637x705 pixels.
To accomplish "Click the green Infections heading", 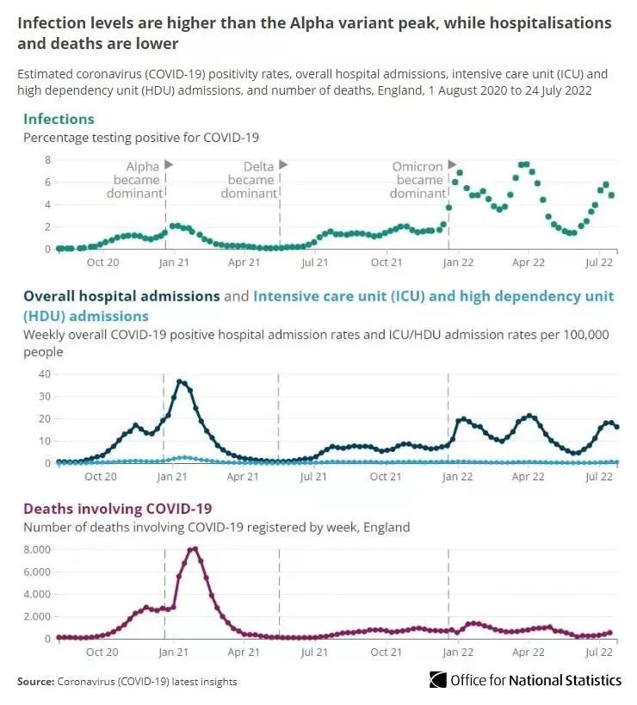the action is click(59, 119).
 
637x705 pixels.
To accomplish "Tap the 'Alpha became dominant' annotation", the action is click(135, 180).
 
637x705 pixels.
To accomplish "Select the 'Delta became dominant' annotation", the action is click(249, 180).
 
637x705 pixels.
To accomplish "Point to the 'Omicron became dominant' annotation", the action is click(418, 180).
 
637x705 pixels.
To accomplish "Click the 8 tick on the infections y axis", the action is click(47, 160).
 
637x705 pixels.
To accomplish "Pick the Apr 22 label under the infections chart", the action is click(529, 263).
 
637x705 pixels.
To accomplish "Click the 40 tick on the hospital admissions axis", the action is click(45, 374).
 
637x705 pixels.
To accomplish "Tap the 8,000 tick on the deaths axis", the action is click(37, 550).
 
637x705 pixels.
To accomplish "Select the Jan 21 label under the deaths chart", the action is click(173, 652).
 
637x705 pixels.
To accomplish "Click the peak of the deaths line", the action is click(195, 549).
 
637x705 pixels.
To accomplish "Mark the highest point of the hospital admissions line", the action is click(180, 382).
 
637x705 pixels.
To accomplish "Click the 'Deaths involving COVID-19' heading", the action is click(118, 509).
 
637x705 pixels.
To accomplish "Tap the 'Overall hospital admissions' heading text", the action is click(121, 296).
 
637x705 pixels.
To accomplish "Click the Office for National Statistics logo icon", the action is click(438, 680).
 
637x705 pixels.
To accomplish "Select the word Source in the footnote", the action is click(36, 682).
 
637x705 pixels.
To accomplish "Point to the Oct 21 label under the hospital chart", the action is click(386, 477).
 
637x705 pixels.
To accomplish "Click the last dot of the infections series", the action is click(611, 195).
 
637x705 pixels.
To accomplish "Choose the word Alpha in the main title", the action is click(311, 23).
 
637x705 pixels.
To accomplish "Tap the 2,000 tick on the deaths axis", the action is click(37, 616).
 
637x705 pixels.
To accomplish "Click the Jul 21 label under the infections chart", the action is click(315, 263).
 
